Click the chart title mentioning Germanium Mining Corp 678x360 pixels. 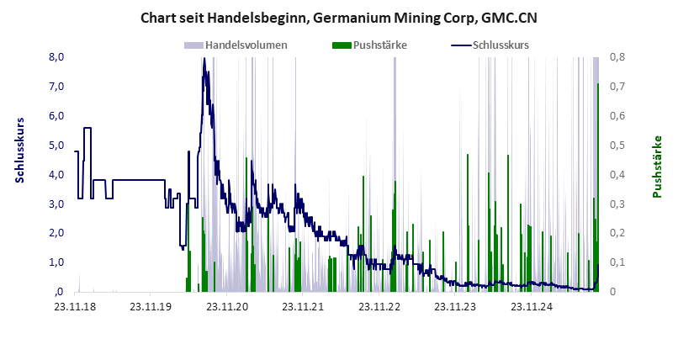(x=338, y=18)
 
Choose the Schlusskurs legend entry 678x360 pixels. (x=501, y=45)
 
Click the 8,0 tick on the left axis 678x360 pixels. (x=57, y=57)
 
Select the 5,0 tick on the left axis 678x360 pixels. (x=57, y=145)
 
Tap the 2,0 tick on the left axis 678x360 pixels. (x=57, y=233)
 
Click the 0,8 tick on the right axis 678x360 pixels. (x=617, y=57)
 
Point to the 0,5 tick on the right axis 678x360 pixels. (x=617, y=145)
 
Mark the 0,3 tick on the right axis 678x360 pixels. (x=617, y=204)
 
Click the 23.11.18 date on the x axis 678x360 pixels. (x=75, y=306)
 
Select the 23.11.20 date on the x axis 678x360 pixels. (x=229, y=306)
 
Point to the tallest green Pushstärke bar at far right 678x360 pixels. (x=597, y=185)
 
